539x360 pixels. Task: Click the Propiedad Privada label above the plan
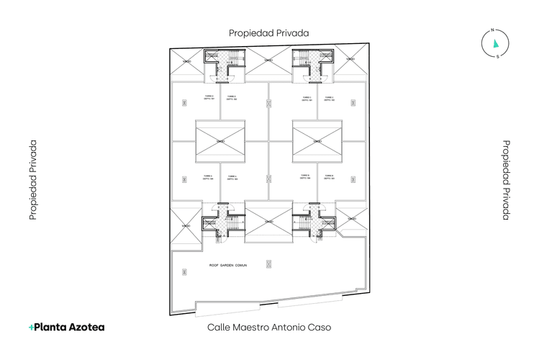coord(268,33)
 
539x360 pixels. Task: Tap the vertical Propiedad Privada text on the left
coord(33,179)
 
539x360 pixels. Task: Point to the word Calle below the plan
coord(219,327)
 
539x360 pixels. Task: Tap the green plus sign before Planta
coord(31,327)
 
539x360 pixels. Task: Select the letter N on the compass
coord(492,30)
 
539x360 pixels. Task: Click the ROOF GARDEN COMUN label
coord(227,266)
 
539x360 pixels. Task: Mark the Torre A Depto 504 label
coord(209,176)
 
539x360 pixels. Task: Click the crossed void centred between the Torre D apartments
coord(220,141)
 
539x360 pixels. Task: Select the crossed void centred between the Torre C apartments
coord(317,141)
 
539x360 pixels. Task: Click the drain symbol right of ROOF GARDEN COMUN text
coord(270,264)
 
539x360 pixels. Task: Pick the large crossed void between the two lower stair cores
coord(269,222)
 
